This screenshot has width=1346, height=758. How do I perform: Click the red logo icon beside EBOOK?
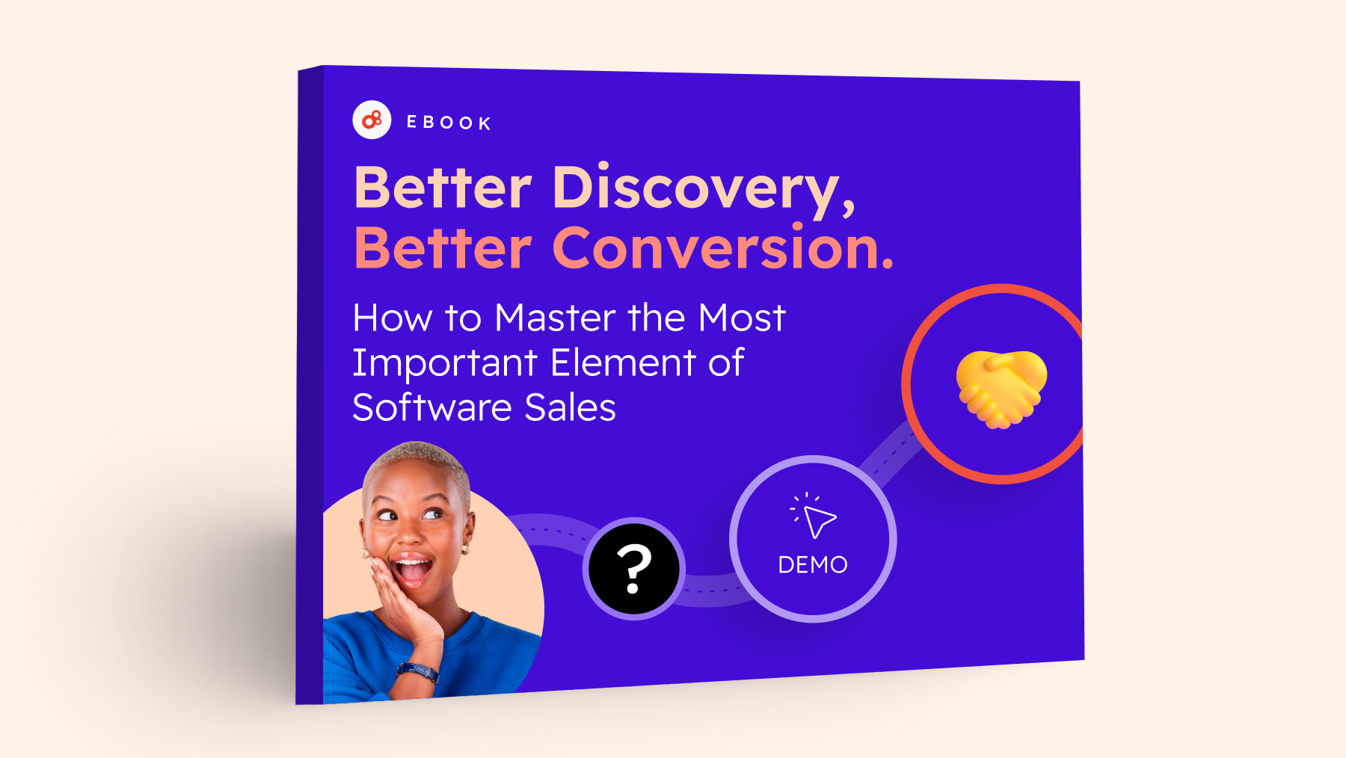point(372,120)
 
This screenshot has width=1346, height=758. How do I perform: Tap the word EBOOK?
point(449,123)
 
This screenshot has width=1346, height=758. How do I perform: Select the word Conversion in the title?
point(722,247)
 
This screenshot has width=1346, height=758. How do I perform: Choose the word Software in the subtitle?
point(432,407)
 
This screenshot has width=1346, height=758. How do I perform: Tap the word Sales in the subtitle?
point(571,408)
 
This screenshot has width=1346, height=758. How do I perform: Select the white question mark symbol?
point(634,569)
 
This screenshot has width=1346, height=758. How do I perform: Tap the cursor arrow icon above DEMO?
point(814,515)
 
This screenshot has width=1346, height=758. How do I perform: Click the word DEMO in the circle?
point(813,564)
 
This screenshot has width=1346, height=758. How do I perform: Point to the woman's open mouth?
point(412,570)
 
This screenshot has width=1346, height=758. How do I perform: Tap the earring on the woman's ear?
point(466,549)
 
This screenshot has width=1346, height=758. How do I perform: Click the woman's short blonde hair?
point(419,460)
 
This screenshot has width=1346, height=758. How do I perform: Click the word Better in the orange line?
point(443,247)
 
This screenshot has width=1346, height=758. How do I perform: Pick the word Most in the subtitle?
point(741,318)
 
